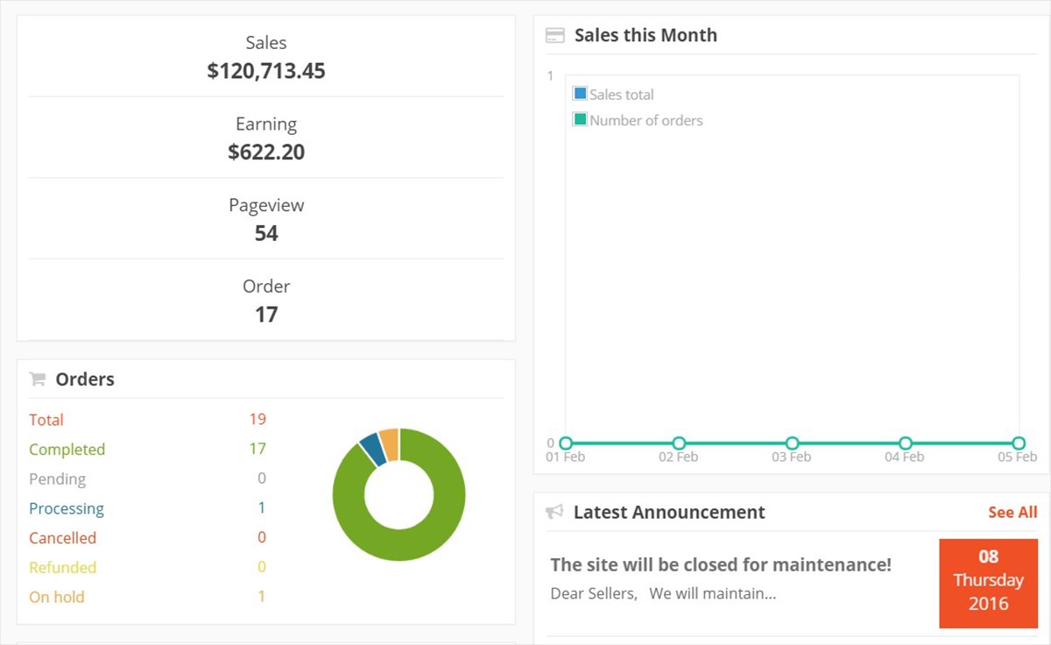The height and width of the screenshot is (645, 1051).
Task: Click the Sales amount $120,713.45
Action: point(266,71)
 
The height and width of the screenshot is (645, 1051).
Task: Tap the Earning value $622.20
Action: point(266,152)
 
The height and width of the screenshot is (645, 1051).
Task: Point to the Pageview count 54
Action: point(266,233)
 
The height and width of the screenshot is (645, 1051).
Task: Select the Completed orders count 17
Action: point(257,449)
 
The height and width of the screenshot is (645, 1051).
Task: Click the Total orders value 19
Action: point(257,419)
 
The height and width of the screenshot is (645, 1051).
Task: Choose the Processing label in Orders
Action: point(67,508)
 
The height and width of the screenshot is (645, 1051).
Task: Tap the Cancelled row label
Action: point(62,538)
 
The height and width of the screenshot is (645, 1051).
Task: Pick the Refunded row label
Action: point(62,567)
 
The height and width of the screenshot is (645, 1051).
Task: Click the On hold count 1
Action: point(261,597)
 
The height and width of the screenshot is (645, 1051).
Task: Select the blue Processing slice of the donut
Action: point(371,449)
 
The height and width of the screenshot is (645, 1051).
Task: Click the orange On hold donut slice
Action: point(390,443)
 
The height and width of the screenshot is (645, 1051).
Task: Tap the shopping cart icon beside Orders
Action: point(38,379)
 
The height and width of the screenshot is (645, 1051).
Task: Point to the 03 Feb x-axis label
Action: point(792,457)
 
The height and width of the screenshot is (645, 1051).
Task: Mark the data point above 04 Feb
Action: point(906,443)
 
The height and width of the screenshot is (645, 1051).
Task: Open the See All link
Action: point(1012,513)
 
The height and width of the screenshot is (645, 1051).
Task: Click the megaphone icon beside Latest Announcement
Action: point(554,512)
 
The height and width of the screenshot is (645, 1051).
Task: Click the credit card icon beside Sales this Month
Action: point(554,36)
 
